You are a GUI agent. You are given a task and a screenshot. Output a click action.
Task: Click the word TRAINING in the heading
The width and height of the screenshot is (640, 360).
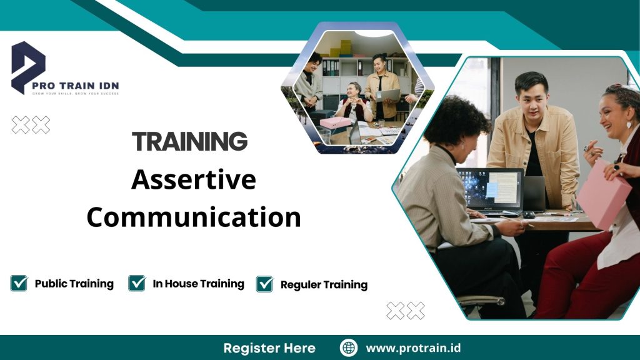pyautogui.click(x=189, y=142)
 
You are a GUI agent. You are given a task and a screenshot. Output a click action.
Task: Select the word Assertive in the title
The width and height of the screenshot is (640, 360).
pyautogui.click(x=194, y=180)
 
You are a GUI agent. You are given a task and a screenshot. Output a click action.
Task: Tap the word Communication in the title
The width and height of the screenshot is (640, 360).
pyautogui.click(x=194, y=217)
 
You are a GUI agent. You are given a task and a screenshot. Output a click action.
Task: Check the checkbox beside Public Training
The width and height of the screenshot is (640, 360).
pyautogui.click(x=19, y=283)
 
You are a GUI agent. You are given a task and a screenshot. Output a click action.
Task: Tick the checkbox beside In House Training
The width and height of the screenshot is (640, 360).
pyautogui.click(x=137, y=283)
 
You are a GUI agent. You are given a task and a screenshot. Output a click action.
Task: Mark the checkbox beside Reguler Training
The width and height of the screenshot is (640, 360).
pyautogui.click(x=265, y=284)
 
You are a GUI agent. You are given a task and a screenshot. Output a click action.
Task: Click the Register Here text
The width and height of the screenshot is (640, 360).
pyautogui.click(x=269, y=347)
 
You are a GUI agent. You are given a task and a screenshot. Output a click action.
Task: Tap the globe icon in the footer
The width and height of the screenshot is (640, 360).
pyautogui.click(x=348, y=347)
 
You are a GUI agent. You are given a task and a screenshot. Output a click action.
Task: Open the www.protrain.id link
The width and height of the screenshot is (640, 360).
pyautogui.click(x=413, y=347)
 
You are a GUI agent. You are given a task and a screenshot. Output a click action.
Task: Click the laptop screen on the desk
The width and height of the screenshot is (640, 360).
pyautogui.click(x=490, y=188)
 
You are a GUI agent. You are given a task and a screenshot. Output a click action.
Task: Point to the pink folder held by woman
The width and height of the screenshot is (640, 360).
pyautogui.click(x=602, y=194)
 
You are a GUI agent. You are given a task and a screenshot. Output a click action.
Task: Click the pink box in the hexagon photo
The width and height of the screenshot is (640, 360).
pyautogui.click(x=335, y=122)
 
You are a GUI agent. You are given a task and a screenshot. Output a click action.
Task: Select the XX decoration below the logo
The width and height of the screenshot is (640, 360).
pyautogui.click(x=31, y=125)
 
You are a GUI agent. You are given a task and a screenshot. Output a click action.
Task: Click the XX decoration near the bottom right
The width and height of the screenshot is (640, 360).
pyautogui.click(x=405, y=310)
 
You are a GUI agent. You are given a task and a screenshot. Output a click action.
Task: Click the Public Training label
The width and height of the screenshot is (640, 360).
pyautogui.click(x=74, y=284)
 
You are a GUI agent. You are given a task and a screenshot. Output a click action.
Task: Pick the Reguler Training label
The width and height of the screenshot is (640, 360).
pyautogui.click(x=324, y=284)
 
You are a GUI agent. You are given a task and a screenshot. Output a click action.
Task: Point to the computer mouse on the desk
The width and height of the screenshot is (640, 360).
pyautogui.click(x=529, y=214)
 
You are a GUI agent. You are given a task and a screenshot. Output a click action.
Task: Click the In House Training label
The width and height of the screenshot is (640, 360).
pyautogui.click(x=198, y=284)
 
